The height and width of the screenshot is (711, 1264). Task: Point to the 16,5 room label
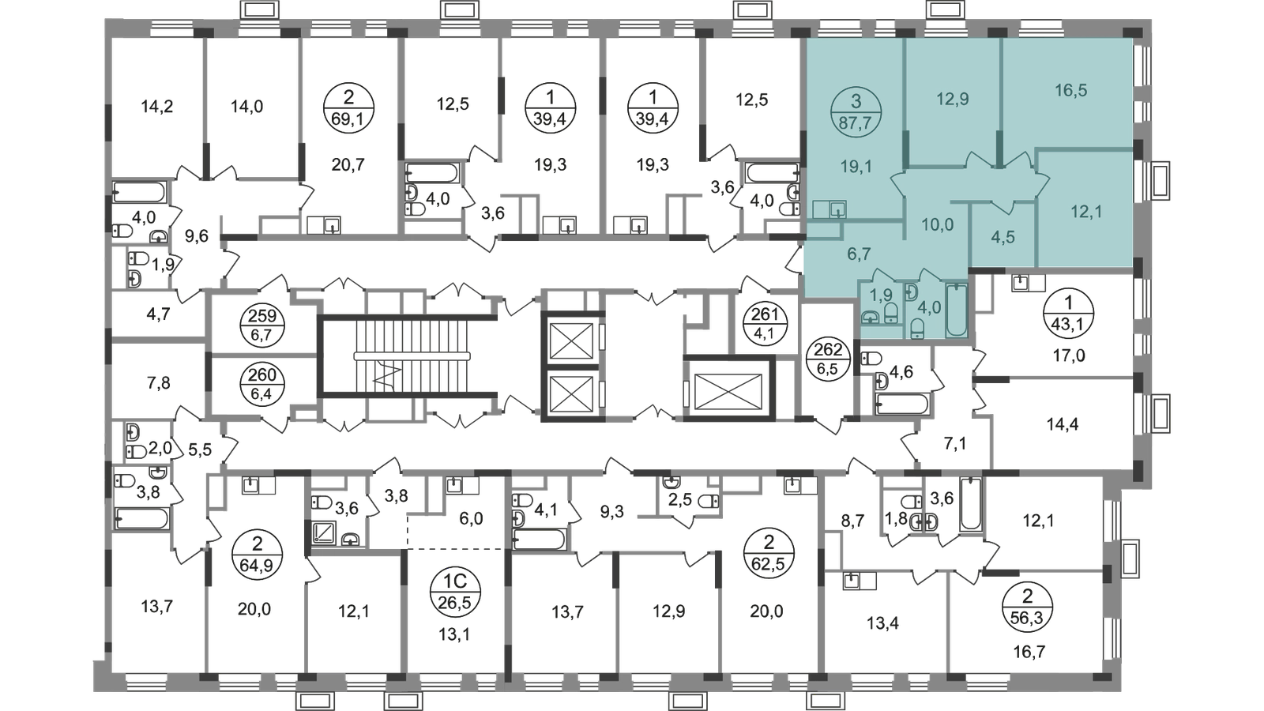pos(1070,91)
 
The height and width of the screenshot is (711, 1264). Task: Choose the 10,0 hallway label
pos(937,224)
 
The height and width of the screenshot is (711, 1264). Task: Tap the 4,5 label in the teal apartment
pos(1003,237)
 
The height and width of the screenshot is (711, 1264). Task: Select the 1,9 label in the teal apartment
pos(880,295)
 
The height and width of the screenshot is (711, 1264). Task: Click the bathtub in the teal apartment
pos(956,310)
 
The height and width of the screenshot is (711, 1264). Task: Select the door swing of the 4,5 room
pos(1004,207)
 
